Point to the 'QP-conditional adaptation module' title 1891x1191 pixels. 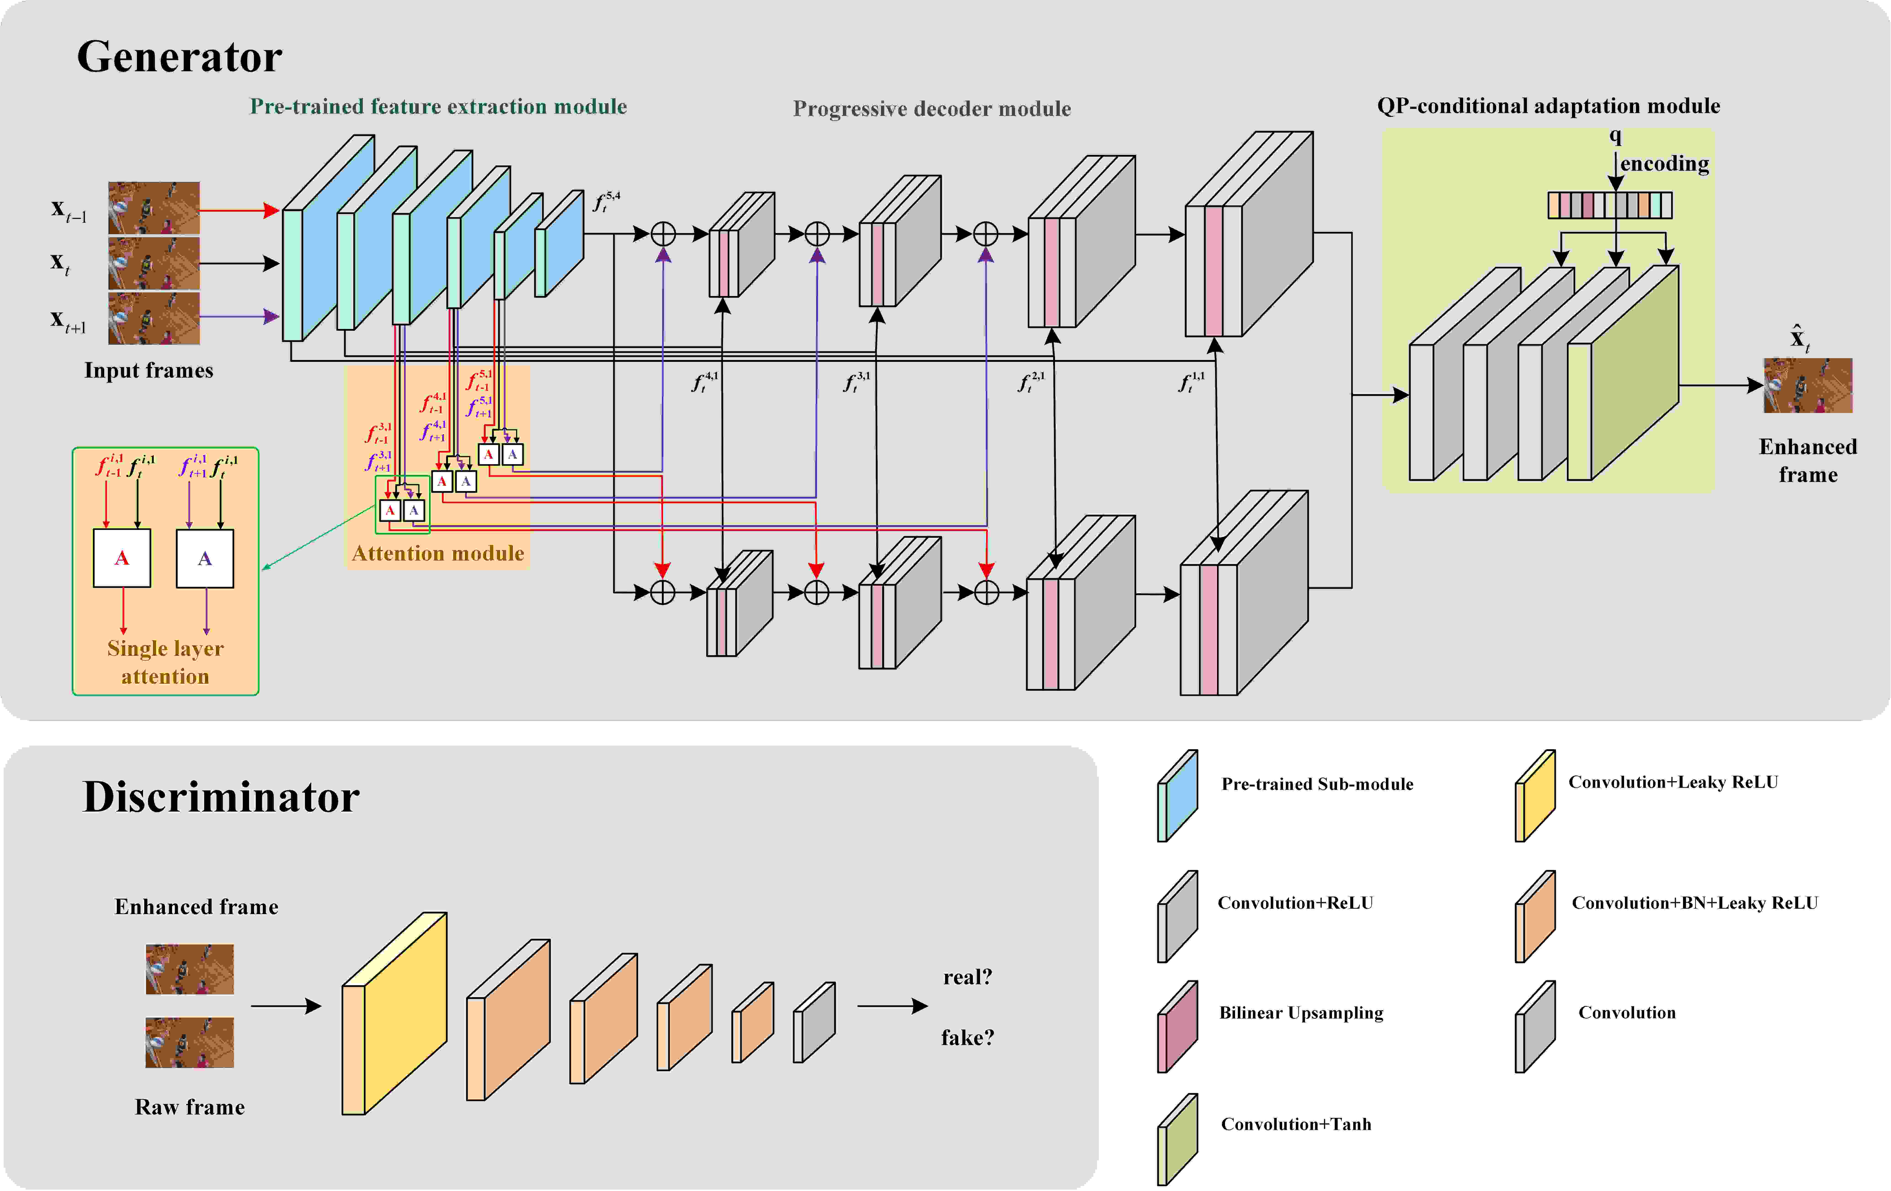pos(1549,106)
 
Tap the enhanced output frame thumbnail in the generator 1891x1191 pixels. pos(1808,386)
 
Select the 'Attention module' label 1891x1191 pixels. pos(437,553)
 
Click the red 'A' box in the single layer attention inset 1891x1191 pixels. pos(122,558)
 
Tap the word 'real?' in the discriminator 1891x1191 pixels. pos(967,977)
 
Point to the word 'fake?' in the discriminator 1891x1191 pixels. pos(967,1038)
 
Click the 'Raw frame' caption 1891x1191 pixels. pos(190,1107)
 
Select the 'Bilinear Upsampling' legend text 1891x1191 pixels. pos(1301,1013)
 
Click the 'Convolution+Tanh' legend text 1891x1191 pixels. pos(1296,1124)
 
